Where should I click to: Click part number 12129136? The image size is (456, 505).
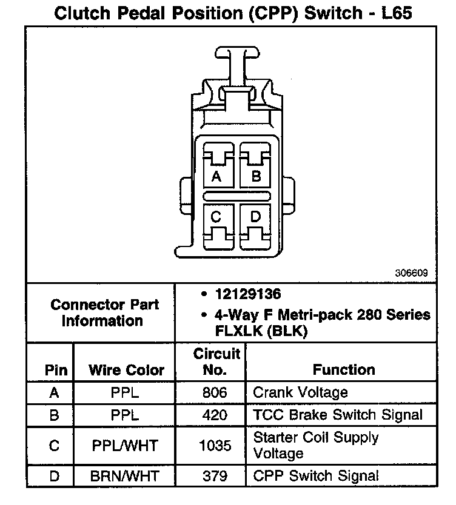point(246,294)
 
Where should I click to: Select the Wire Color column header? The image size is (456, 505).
point(126,369)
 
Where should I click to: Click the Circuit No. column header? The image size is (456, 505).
point(216,361)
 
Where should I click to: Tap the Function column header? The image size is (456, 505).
point(344,369)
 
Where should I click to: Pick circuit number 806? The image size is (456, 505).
point(215,393)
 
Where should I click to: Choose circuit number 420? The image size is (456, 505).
point(215,415)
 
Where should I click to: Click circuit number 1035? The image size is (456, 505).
point(215,446)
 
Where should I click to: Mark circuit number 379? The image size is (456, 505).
point(215,477)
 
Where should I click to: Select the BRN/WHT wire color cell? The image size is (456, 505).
point(124,477)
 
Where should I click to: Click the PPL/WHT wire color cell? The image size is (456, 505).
point(124,446)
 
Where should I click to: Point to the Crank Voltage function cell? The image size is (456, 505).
point(300,392)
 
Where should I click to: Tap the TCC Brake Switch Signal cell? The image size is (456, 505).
point(338,415)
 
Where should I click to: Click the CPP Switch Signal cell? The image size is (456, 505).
point(316,477)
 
